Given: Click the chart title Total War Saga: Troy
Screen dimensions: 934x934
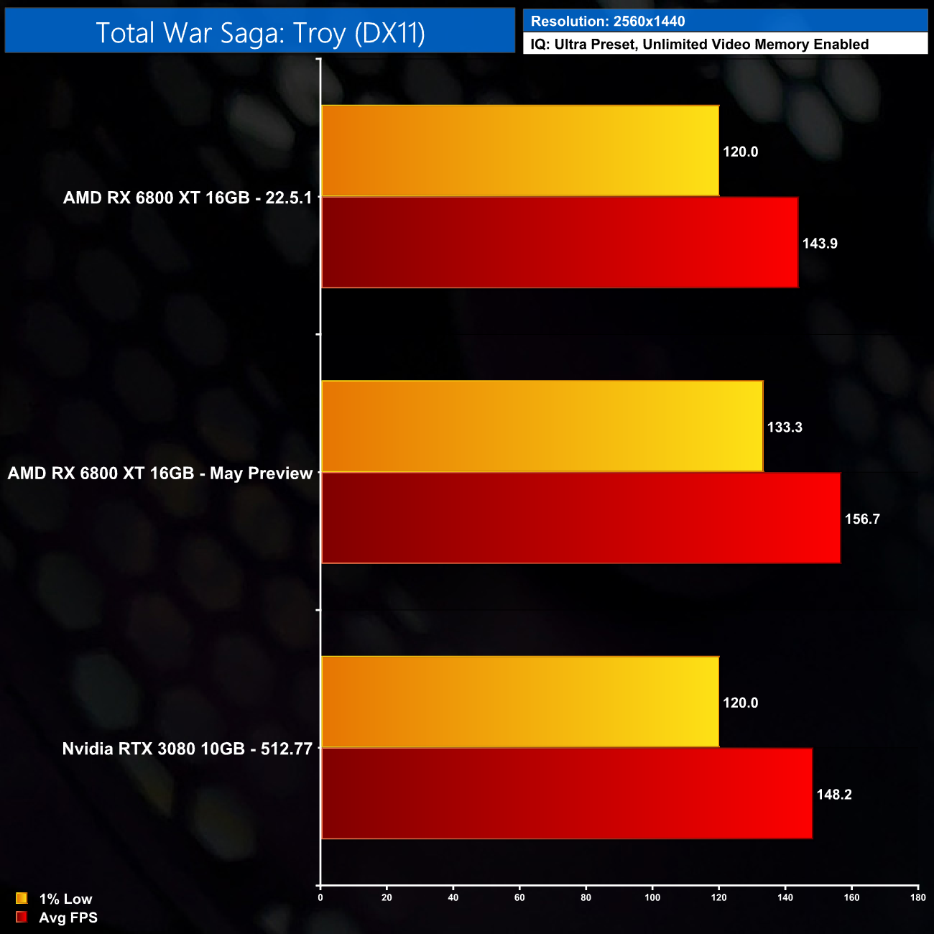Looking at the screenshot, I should point(260,32).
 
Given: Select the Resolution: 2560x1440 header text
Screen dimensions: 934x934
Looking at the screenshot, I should point(607,22).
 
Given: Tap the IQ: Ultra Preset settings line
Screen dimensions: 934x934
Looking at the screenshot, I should point(699,45).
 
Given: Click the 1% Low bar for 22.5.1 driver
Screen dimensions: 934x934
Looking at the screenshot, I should point(520,151).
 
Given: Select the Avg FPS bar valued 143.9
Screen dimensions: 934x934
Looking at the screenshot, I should point(560,243).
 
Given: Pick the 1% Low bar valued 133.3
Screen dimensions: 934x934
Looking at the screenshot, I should point(542,427).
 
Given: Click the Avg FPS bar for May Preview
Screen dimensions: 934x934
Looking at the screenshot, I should point(581,518).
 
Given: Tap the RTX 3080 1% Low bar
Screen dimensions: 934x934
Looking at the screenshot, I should point(520,702).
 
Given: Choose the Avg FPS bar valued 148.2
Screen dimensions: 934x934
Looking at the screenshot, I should point(567,793).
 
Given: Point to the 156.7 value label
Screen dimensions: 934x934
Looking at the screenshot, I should point(862,519).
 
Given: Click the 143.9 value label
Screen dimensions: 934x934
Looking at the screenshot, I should point(820,244).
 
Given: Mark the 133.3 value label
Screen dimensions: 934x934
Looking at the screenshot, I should point(785,427).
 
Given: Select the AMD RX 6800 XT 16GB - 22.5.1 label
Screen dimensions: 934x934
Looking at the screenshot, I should point(188,198).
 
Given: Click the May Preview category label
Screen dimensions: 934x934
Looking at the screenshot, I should point(160,473).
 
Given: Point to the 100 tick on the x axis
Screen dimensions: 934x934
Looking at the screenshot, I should point(652,897).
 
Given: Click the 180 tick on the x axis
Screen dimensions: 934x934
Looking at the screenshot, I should point(917,897).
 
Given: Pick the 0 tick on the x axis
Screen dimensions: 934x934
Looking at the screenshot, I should point(320,897).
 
